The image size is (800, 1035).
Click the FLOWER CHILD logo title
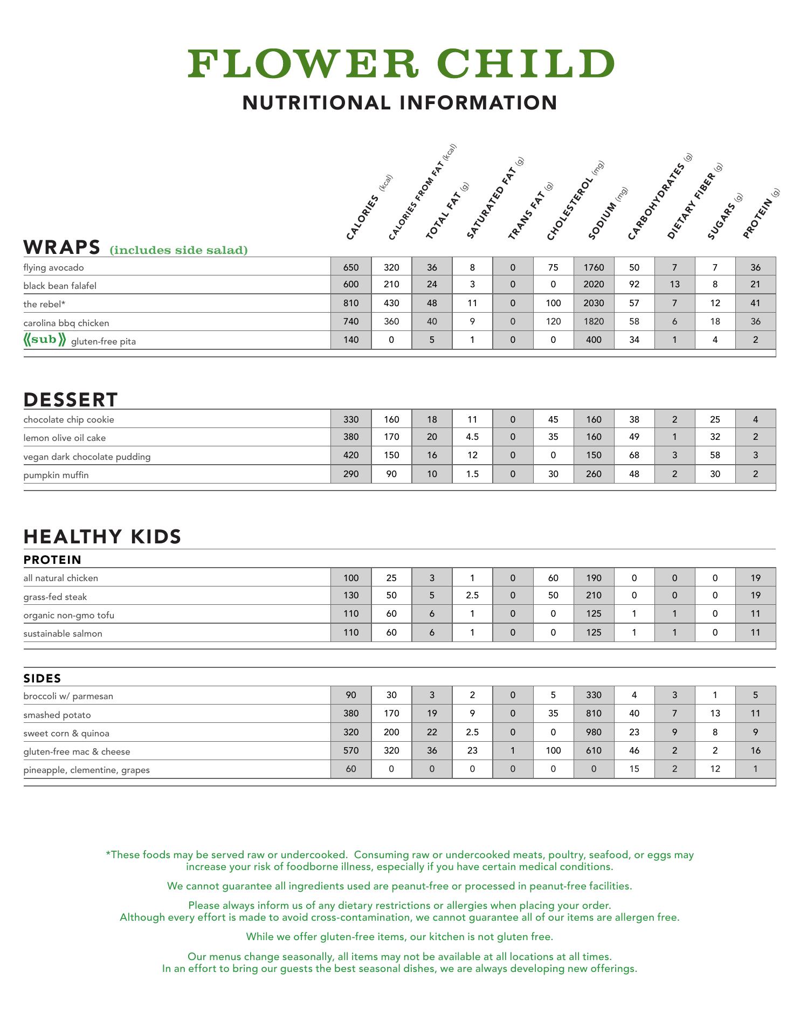tap(401, 64)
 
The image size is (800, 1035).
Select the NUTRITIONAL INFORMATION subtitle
tap(399, 103)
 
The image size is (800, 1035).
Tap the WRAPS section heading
tap(62, 247)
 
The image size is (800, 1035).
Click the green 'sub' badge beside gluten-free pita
tap(45, 340)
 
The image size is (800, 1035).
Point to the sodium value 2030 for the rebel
tap(594, 303)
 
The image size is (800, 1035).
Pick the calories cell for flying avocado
tap(351, 267)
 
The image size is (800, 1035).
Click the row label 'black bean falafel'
tap(60, 286)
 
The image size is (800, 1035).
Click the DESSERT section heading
tap(71, 400)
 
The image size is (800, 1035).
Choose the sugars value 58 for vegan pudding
tap(715, 455)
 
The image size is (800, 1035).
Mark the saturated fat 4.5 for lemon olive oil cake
tap(472, 437)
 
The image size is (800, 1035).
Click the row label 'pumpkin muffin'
tap(56, 475)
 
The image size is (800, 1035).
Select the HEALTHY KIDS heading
tap(102, 537)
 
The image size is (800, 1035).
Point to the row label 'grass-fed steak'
tap(55, 597)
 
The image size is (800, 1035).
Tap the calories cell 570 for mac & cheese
tap(351, 750)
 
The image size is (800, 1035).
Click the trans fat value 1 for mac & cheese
tap(513, 750)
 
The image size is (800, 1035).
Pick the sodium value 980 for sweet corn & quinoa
tap(594, 732)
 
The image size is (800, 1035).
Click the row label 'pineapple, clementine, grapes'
tap(86, 770)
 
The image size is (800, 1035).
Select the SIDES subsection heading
tap(42, 678)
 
